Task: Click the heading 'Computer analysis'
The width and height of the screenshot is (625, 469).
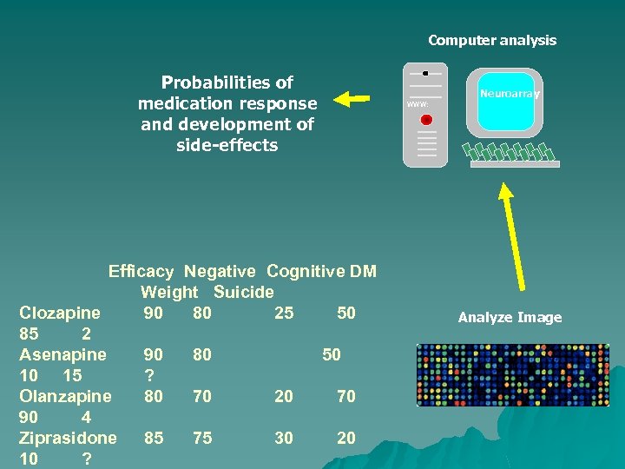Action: (491, 40)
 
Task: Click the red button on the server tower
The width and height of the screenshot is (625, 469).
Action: (425, 119)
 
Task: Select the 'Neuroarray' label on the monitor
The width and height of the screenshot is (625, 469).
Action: (510, 93)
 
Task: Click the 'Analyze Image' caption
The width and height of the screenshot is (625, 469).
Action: (510, 318)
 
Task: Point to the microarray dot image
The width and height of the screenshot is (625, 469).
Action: (512, 375)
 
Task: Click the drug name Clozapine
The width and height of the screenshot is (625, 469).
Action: (60, 313)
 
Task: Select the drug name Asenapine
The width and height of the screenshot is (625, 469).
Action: (62, 354)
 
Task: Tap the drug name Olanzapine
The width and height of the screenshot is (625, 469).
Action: (65, 396)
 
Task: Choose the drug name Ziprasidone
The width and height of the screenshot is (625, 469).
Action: (68, 438)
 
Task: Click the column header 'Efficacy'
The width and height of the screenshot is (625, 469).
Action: (141, 272)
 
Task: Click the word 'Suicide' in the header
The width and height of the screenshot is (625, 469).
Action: (243, 293)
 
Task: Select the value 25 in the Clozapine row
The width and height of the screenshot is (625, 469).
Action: (284, 313)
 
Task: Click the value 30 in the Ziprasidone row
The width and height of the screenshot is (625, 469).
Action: (284, 439)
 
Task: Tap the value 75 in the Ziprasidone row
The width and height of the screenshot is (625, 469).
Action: (202, 439)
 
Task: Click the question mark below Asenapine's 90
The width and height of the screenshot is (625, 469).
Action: (148, 375)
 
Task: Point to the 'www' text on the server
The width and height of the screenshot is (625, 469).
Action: (418, 104)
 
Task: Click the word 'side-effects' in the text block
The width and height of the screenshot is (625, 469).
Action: (227, 145)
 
